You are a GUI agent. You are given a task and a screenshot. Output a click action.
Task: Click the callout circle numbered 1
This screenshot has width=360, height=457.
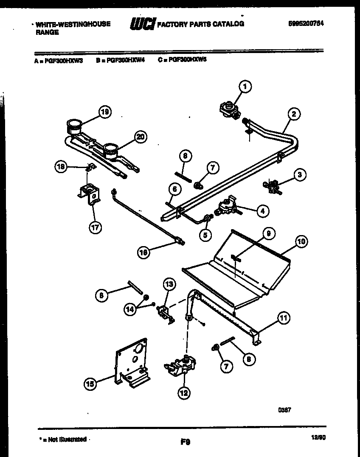coord(245,87)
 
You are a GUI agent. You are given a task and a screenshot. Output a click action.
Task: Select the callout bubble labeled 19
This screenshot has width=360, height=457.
coord(104,112)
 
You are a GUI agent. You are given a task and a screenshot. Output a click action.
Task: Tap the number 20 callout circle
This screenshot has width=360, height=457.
coord(141,136)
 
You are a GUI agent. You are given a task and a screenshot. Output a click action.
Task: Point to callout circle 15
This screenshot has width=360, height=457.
coord(90,384)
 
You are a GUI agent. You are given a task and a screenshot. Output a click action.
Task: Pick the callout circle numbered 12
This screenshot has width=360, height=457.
coord(183,393)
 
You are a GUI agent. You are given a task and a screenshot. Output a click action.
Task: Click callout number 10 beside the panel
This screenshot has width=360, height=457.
coord(301,242)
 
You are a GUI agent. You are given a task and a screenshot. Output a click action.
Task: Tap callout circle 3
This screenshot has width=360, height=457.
coord(300,174)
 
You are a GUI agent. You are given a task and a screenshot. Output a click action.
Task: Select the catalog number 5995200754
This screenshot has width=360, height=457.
coord(306,24)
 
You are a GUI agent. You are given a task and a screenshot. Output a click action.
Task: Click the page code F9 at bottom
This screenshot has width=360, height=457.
coord(185,442)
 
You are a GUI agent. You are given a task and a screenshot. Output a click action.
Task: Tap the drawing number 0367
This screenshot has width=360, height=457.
coord(284,410)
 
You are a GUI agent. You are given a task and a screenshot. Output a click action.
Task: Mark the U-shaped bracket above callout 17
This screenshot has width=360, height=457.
coord(90,194)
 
